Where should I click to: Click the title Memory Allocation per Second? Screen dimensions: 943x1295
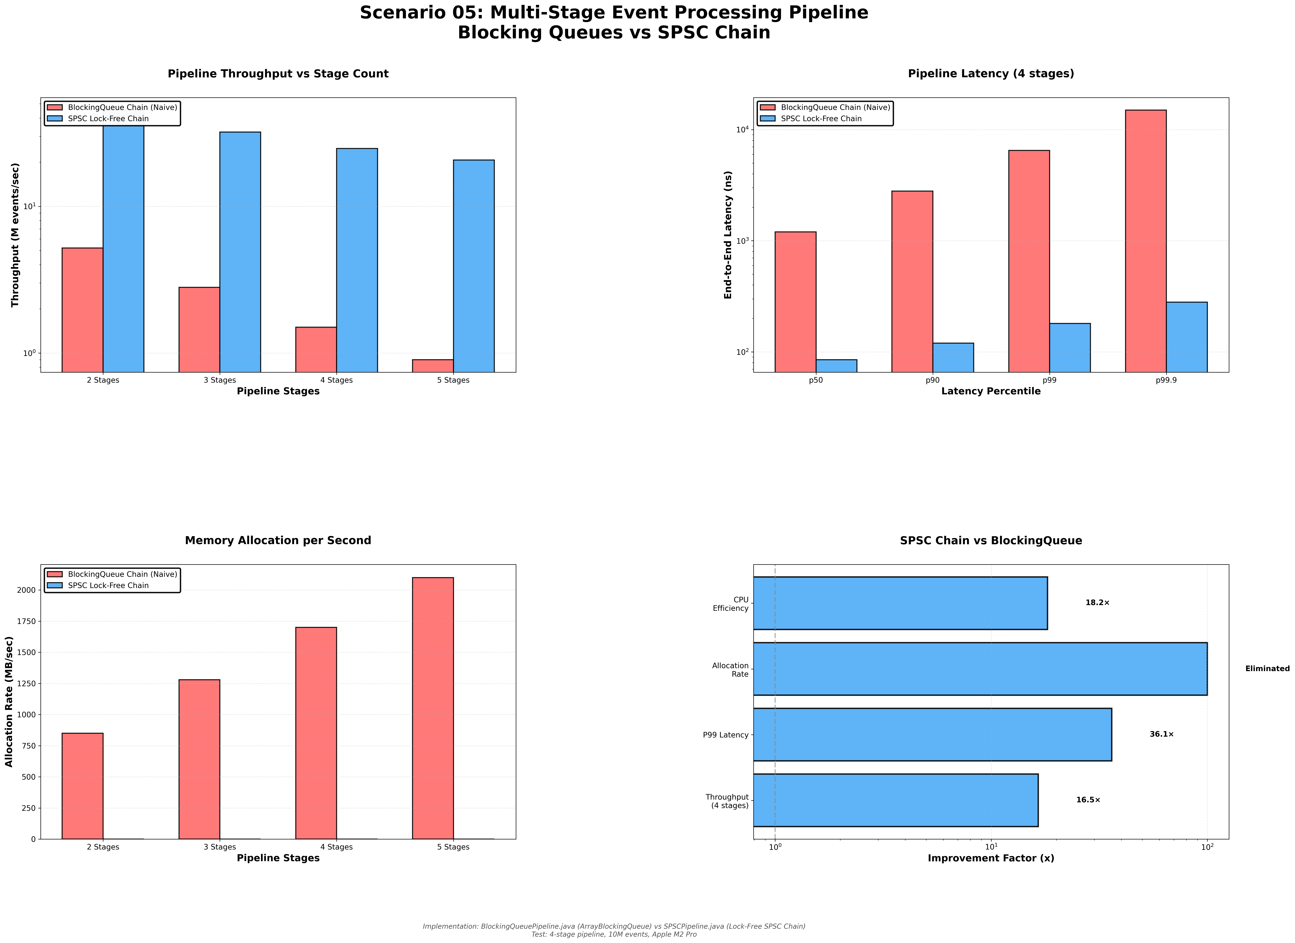point(278,540)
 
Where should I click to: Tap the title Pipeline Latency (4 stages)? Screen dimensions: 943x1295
point(991,74)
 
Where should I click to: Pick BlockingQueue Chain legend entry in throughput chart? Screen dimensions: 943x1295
point(122,107)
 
